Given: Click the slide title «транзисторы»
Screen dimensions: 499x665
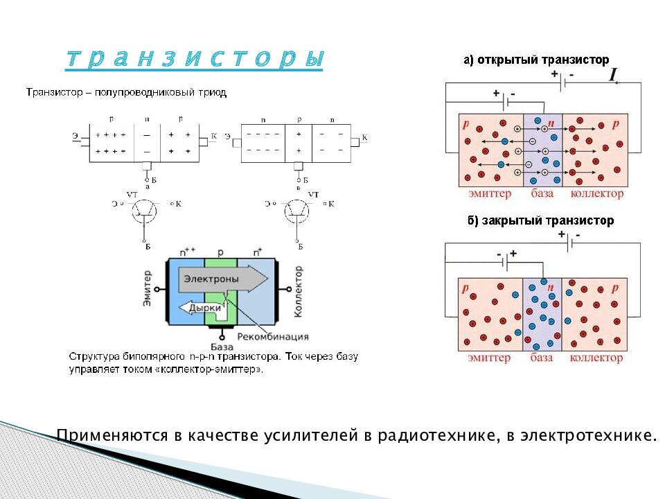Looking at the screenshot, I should point(195,59).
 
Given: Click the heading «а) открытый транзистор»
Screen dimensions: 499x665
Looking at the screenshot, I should point(536,60).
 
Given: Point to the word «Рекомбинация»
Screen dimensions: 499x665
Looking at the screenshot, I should point(272,337).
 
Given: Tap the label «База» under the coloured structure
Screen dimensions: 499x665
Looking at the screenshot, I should point(221,346).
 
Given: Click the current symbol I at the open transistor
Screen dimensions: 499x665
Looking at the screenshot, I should point(613,76).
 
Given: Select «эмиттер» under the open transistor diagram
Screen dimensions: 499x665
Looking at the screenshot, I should point(489,193).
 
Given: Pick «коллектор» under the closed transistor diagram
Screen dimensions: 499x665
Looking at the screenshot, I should point(596,358).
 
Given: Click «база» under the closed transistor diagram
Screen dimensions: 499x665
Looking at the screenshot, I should point(542,358).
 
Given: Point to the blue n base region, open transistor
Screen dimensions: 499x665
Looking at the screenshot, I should point(542,150).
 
